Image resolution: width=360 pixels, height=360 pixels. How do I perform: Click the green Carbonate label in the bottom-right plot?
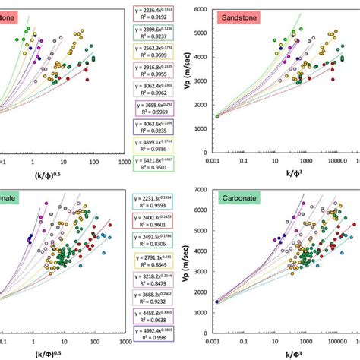pyautogui.click(x=242, y=196)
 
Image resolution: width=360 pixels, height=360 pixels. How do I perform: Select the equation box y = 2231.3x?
pyautogui.click(x=156, y=196)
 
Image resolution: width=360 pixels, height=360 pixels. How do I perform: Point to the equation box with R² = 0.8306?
pyautogui.click(x=156, y=232)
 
